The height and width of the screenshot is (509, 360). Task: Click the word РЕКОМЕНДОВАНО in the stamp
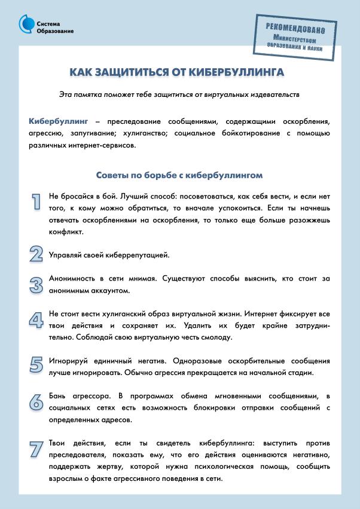click(x=296, y=29)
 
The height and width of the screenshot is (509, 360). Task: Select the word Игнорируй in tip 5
click(x=71, y=361)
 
